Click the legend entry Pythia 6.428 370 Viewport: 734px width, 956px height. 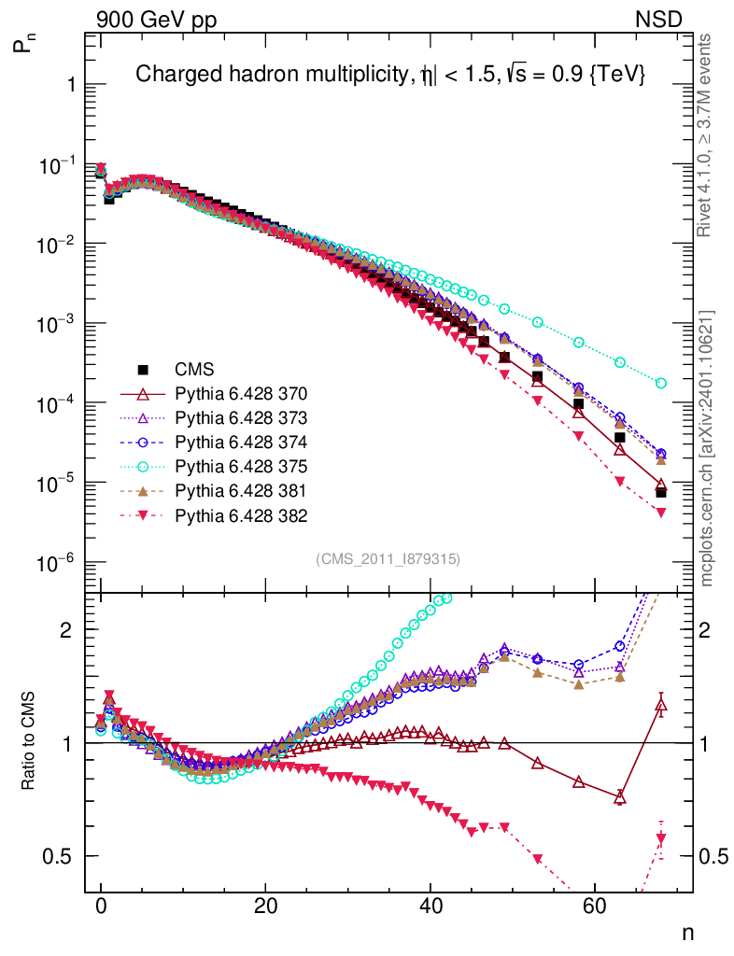(x=241, y=393)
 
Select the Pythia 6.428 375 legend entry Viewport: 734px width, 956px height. (x=241, y=466)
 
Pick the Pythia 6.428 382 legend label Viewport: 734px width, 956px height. (x=241, y=514)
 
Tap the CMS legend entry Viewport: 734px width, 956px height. (x=195, y=369)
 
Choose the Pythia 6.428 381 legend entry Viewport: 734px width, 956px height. (x=241, y=490)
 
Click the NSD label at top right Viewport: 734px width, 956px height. (x=659, y=19)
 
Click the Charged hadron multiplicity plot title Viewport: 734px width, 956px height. (x=390, y=75)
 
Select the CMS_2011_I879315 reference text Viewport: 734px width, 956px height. (x=388, y=558)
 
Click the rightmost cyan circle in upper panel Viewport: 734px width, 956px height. (x=661, y=383)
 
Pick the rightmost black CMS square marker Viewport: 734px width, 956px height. (x=661, y=493)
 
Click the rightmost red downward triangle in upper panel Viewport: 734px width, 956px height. (x=661, y=513)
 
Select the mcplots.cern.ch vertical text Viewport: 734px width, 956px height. (x=707, y=448)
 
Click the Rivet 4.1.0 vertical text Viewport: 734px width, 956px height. (x=707, y=135)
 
